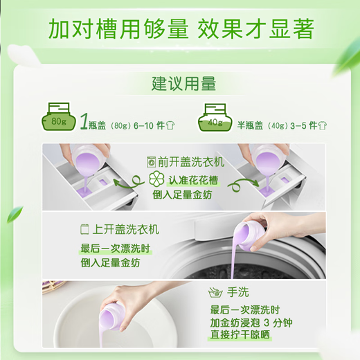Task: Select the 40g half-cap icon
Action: coord(217,118)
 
